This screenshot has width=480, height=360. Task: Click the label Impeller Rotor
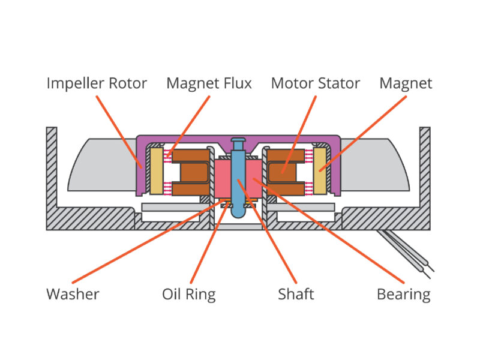tap(97, 83)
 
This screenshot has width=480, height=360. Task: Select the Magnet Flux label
tap(209, 83)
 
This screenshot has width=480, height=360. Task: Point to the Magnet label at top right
tap(406, 83)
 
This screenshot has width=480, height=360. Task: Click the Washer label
tap(73, 294)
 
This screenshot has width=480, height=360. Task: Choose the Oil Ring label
tap(188, 294)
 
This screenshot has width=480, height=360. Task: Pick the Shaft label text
tap(296, 294)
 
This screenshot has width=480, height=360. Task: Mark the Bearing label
tap(403, 294)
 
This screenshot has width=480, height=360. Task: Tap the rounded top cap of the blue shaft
tap(238, 142)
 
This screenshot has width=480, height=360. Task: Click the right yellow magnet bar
tap(320, 171)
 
